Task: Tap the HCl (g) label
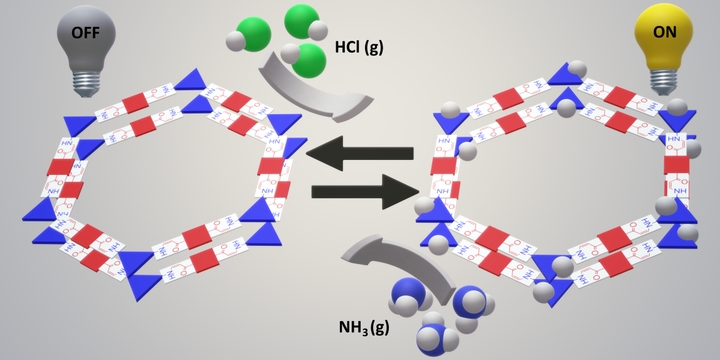[359, 47]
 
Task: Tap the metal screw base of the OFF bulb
[87, 81]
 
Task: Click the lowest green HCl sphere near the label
[310, 60]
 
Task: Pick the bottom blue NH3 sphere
[435, 339]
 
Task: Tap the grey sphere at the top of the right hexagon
[578, 68]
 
